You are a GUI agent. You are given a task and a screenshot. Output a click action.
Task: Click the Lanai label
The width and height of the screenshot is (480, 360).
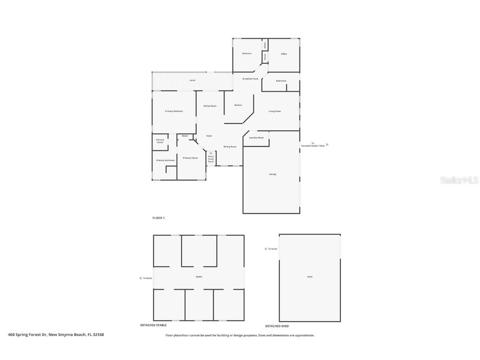pos(192,80)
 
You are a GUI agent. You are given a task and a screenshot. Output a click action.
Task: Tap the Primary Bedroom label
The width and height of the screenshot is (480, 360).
pos(174,111)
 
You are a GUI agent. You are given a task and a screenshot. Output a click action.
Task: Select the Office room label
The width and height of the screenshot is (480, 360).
pos(284,54)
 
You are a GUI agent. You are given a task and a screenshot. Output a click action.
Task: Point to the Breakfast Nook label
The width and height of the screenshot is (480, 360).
pos(250,79)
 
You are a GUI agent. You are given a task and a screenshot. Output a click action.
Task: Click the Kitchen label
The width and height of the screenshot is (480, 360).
pos(238,105)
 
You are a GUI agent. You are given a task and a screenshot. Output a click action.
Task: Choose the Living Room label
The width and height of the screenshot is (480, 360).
pos(275,111)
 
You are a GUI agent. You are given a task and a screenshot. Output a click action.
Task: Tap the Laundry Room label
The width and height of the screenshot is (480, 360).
pos(256,137)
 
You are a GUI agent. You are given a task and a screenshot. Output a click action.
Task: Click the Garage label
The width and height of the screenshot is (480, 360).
pos(272,174)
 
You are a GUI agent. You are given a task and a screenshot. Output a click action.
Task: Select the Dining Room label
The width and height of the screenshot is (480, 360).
pos(230,147)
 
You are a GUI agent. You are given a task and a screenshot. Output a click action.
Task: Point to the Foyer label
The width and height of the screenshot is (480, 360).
pos(209,136)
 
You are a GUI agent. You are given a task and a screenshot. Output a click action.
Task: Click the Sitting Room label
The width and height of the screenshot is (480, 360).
pos(210,106)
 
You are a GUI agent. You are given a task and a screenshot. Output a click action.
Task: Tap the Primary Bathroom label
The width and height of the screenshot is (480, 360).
pos(165,160)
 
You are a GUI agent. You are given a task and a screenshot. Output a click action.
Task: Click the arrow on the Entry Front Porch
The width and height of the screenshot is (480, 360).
pos(211,153)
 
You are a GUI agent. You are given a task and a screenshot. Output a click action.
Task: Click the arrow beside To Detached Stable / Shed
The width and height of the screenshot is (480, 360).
pos(327,145)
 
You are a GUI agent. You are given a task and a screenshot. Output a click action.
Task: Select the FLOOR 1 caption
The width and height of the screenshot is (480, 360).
pos(158,218)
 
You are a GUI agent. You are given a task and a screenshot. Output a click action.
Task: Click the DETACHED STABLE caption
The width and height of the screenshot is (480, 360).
pos(153,325)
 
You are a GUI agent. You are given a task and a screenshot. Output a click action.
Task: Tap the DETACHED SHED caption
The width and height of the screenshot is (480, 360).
pos(277,326)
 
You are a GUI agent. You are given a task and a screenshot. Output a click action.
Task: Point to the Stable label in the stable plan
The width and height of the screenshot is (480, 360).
pos(199,277)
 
